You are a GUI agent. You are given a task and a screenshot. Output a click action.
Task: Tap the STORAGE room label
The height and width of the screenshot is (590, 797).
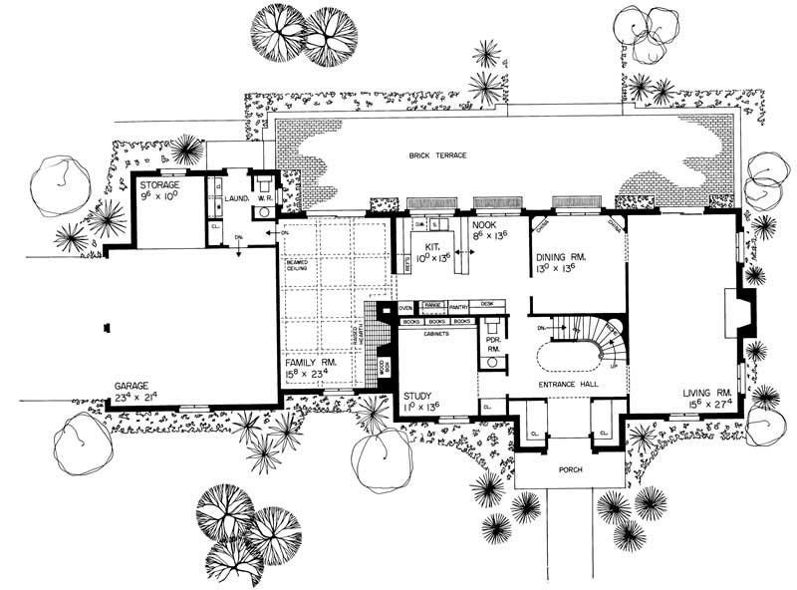[x=157, y=184]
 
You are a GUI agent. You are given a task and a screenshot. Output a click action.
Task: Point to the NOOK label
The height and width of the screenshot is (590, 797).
[x=486, y=226]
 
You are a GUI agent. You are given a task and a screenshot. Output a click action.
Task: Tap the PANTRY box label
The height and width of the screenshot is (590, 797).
[x=458, y=307]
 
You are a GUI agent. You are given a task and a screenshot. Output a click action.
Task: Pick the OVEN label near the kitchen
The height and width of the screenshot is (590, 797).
[x=406, y=307]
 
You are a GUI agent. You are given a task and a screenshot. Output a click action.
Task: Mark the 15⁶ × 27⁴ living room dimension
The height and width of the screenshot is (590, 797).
[x=707, y=405]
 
